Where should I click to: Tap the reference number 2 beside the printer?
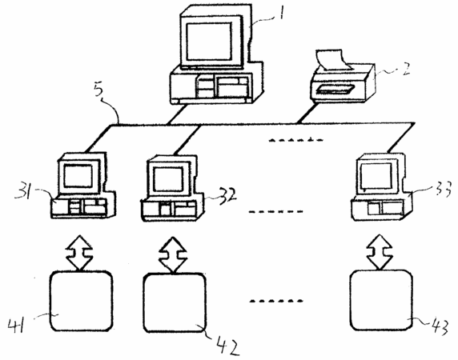(x=405, y=69)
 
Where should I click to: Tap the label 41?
(x=17, y=326)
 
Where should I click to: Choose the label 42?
(x=227, y=346)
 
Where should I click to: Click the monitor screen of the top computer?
(x=209, y=42)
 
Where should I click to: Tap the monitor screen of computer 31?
(x=78, y=176)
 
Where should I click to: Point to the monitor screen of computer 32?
(x=168, y=179)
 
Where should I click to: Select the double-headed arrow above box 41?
(x=79, y=253)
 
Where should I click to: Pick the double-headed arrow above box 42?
(x=173, y=254)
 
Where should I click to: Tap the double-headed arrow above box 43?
(x=380, y=252)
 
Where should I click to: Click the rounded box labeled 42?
(x=175, y=302)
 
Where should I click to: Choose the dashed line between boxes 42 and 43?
(x=276, y=301)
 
